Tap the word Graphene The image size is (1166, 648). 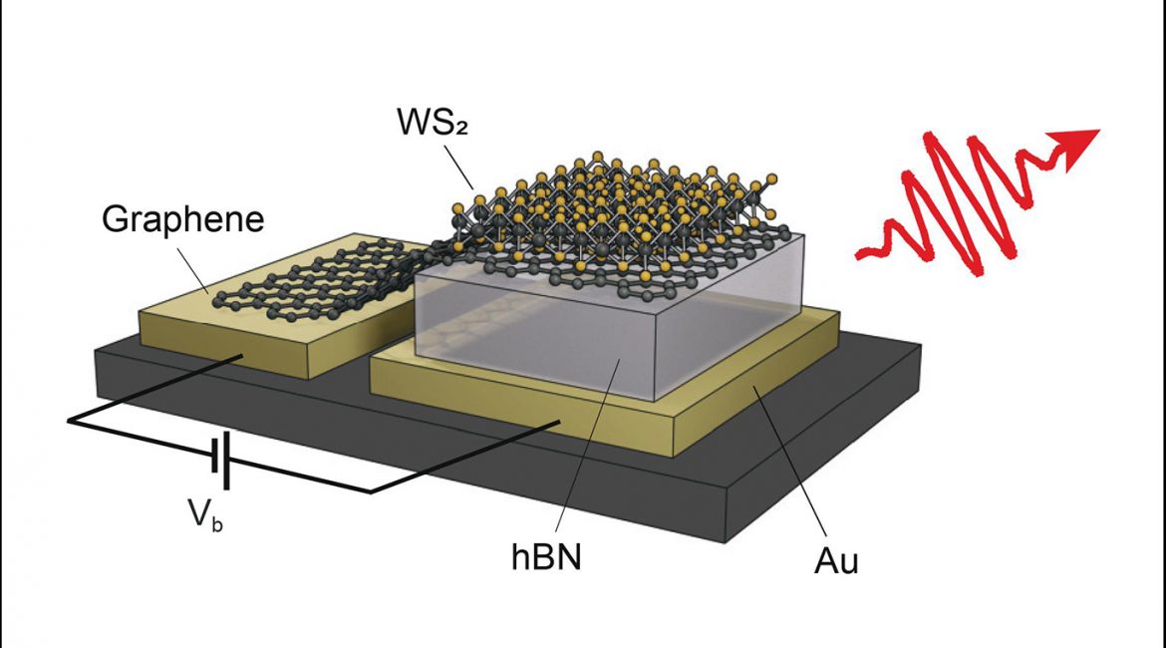[x=182, y=218]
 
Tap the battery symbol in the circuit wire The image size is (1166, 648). [x=222, y=461]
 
